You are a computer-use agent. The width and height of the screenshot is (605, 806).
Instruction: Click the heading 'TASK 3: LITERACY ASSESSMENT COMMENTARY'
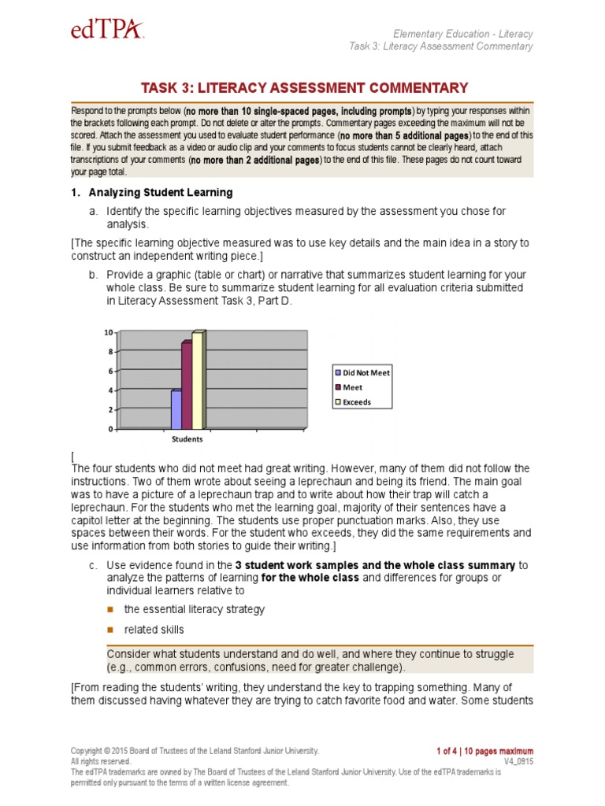tap(304, 87)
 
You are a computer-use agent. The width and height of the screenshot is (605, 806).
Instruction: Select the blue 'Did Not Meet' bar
tap(176, 409)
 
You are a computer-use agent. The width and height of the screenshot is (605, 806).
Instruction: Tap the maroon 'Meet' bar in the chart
tap(187, 385)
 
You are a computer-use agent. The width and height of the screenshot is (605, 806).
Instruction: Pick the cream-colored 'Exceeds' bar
tap(198, 379)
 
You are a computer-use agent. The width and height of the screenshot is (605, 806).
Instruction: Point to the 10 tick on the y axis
tap(109, 332)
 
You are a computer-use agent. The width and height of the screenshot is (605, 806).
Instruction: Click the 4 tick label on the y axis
tap(111, 390)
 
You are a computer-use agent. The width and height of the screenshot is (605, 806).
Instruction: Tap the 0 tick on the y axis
tap(111, 429)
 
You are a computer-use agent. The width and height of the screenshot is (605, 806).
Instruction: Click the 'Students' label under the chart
tap(187, 439)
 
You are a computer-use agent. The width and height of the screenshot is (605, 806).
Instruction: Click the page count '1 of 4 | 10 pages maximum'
tap(484, 751)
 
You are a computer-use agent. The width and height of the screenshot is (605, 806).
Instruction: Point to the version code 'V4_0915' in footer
tap(518, 762)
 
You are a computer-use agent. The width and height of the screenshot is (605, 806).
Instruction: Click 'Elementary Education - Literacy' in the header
tap(463, 34)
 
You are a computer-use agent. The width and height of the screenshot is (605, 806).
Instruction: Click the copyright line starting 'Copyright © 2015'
tap(195, 751)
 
